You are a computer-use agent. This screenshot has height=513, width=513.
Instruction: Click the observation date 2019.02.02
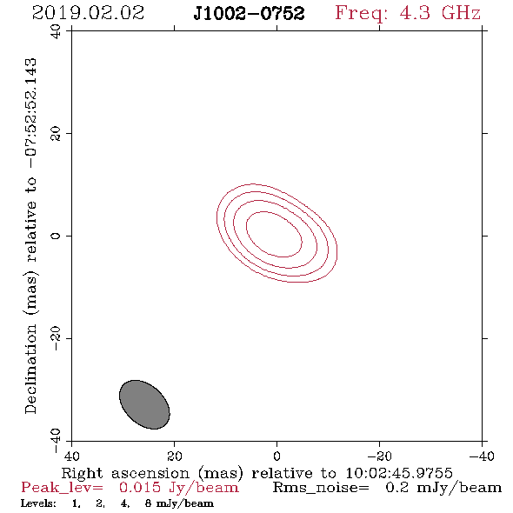click(x=88, y=13)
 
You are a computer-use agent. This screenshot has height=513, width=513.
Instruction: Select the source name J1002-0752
click(x=249, y=13)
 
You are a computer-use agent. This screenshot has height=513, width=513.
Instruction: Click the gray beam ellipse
click(x=144, y=404)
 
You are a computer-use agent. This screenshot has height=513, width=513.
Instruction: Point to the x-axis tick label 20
click(x=174, y=456)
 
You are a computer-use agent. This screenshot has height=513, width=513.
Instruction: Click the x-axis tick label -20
click(x=379, y=456)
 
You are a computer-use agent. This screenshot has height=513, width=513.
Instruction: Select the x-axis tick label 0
click(x=276, y=456)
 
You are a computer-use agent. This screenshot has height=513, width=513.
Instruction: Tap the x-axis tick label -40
click(x=482, y=456)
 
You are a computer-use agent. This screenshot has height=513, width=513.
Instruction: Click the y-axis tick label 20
click(x=56, y=133)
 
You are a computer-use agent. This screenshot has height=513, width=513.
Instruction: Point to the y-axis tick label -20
click(x=56, y=338)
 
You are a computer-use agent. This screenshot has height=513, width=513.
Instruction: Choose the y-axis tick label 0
click(x=56, y=236)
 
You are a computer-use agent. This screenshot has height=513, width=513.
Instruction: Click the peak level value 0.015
click(x=140, y=487)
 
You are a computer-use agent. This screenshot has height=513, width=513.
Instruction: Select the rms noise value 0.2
click(x=397, y=487)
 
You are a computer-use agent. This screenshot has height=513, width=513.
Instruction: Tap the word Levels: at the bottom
click(x=38, y=503)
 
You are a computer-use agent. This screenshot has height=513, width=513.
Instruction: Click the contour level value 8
click(x=148, y=503)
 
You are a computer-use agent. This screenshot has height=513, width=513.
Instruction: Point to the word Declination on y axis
click(x=30, y=369)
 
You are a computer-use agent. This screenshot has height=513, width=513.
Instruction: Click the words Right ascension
click(x=125, y=473)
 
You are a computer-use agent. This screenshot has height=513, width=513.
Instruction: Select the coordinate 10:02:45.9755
click(x=399, y=473)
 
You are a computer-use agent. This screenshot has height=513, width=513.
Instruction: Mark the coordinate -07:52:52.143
click(x=31, y=113)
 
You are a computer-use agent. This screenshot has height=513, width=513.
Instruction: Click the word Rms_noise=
click(x=321, y=488)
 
